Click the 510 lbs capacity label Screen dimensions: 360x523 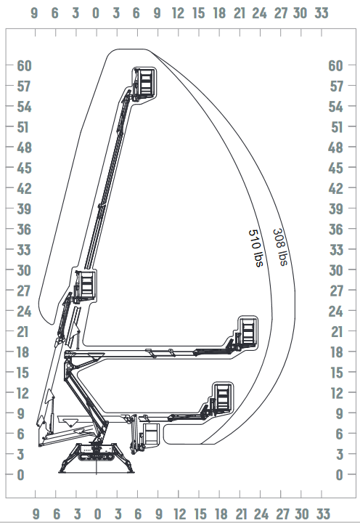(256, 248)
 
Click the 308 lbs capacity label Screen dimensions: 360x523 (280, 247)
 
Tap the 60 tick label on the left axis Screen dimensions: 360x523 (25, 65)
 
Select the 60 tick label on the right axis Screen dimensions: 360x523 (335, 65)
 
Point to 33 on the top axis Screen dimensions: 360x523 (322, 13)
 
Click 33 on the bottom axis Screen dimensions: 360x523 (323, 514)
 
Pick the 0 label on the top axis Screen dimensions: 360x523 (96, 13)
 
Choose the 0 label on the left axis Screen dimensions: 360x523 (20, 474)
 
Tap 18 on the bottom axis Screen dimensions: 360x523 (221, 514)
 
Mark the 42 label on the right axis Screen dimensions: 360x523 (335, 188)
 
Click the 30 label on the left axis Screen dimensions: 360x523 (24, 270)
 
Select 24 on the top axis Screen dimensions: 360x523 (259, 13)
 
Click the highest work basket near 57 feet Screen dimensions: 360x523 (144, 84)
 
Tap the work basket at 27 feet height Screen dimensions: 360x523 (86, 286)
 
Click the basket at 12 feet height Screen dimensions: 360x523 (221, 399)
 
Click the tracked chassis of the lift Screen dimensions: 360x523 (96, 453)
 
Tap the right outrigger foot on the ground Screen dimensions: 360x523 (129, 471)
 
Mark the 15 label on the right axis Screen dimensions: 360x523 (337, 373)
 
